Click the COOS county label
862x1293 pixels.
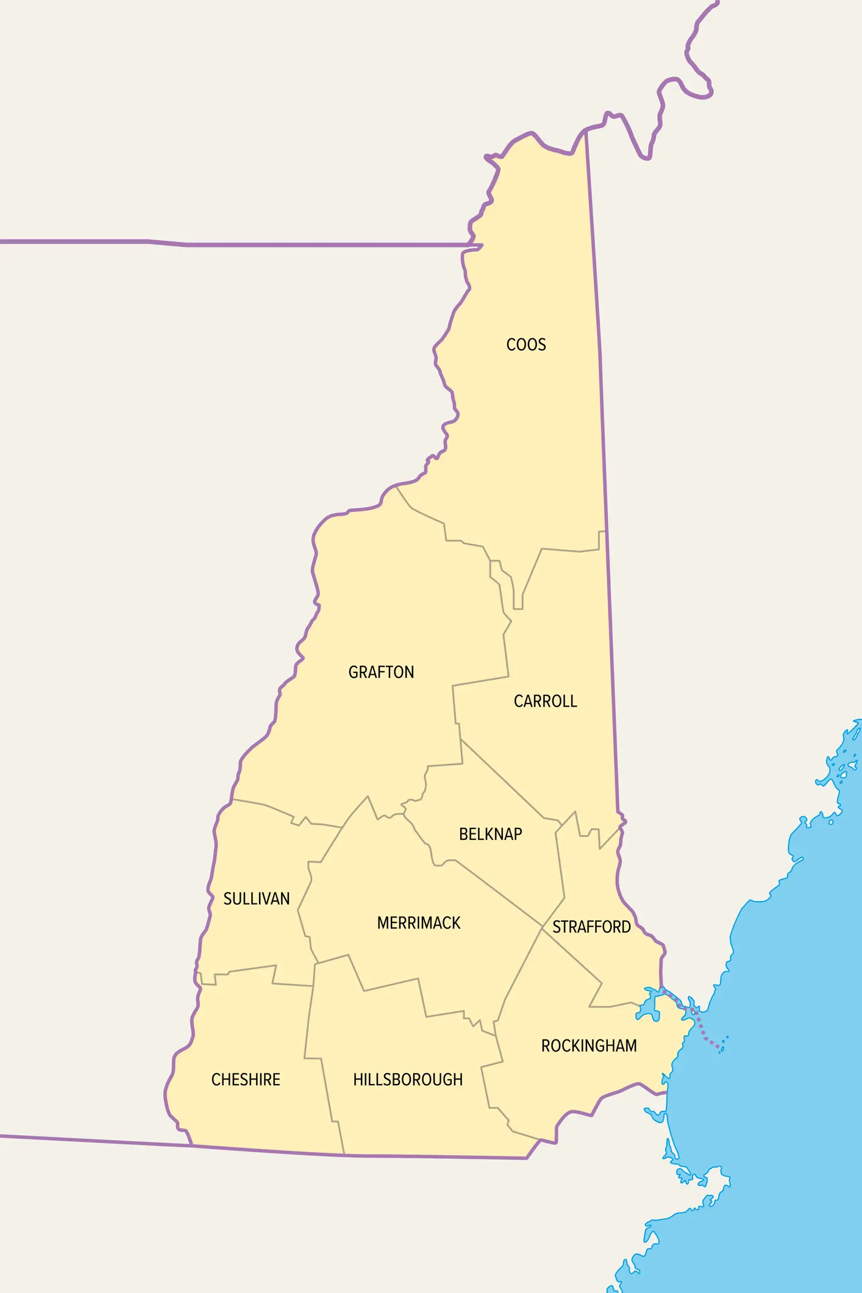click(526, 345)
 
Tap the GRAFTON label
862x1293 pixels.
click(381, 672)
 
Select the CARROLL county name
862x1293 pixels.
click(545, 702)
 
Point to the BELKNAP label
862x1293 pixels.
click(490, 835)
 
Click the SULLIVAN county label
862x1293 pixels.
click(256, 899)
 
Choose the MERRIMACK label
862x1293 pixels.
click(419, 924)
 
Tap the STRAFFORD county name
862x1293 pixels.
click(591, 927)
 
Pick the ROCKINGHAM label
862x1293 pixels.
click(589, 1046)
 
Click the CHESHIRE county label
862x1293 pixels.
click(246, 1080)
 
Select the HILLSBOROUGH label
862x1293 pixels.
click(408, 1080)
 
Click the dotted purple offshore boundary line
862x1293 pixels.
click(701, 1030)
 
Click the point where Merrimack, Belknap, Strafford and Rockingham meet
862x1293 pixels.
click(542, 928)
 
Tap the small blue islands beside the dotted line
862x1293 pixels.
click(724, 1044)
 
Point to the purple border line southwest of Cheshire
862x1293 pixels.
click(91, 1140)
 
